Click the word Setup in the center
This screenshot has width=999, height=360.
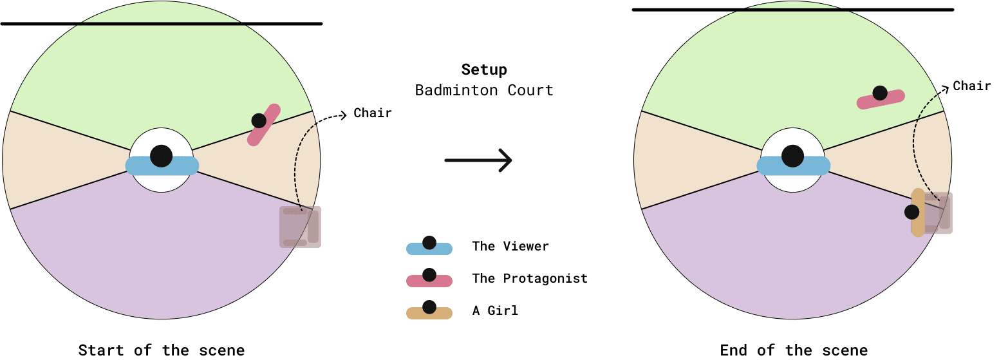pyautogui.click(x=484, y=70)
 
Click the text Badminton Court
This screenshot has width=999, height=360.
pyautogui.click(x=484, y=90)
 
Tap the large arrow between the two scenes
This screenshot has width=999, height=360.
pyautogui.click(x=478, y=160)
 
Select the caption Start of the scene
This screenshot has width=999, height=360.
pyautogui.click(x=161, y=350)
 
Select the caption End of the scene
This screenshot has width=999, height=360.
pyautogui.click(x=794, y=350)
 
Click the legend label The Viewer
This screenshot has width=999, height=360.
pyautogui.click(x=510, y=246)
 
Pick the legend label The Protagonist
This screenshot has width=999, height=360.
pyautogui.click(x=530, y=278)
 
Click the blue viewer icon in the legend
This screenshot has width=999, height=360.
pyautogui.click(x=429, y=247)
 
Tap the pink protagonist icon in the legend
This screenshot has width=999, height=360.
pyautogui.click(x=429, y=279)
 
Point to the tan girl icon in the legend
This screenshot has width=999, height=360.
pyautogui.click(x=429, y=312)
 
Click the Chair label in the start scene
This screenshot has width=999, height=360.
pyautogui.click(x=373, y=113)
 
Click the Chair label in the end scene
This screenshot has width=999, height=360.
pyautogui.click(x=972, y=86)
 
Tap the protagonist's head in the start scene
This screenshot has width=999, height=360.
pyautogui.click(x=259, y=120)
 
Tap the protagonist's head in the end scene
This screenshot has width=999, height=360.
pyautogui.click(x=880, y=93)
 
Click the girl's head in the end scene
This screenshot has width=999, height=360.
pyautogui.click(x=911, y=211)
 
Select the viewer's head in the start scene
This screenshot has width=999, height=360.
pyautogui.click(x=161, y=155)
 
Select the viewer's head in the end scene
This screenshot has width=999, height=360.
pyautogui.click(x=792, y=155)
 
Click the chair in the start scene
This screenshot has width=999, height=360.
pyautogui.click(x=300, y=227)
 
